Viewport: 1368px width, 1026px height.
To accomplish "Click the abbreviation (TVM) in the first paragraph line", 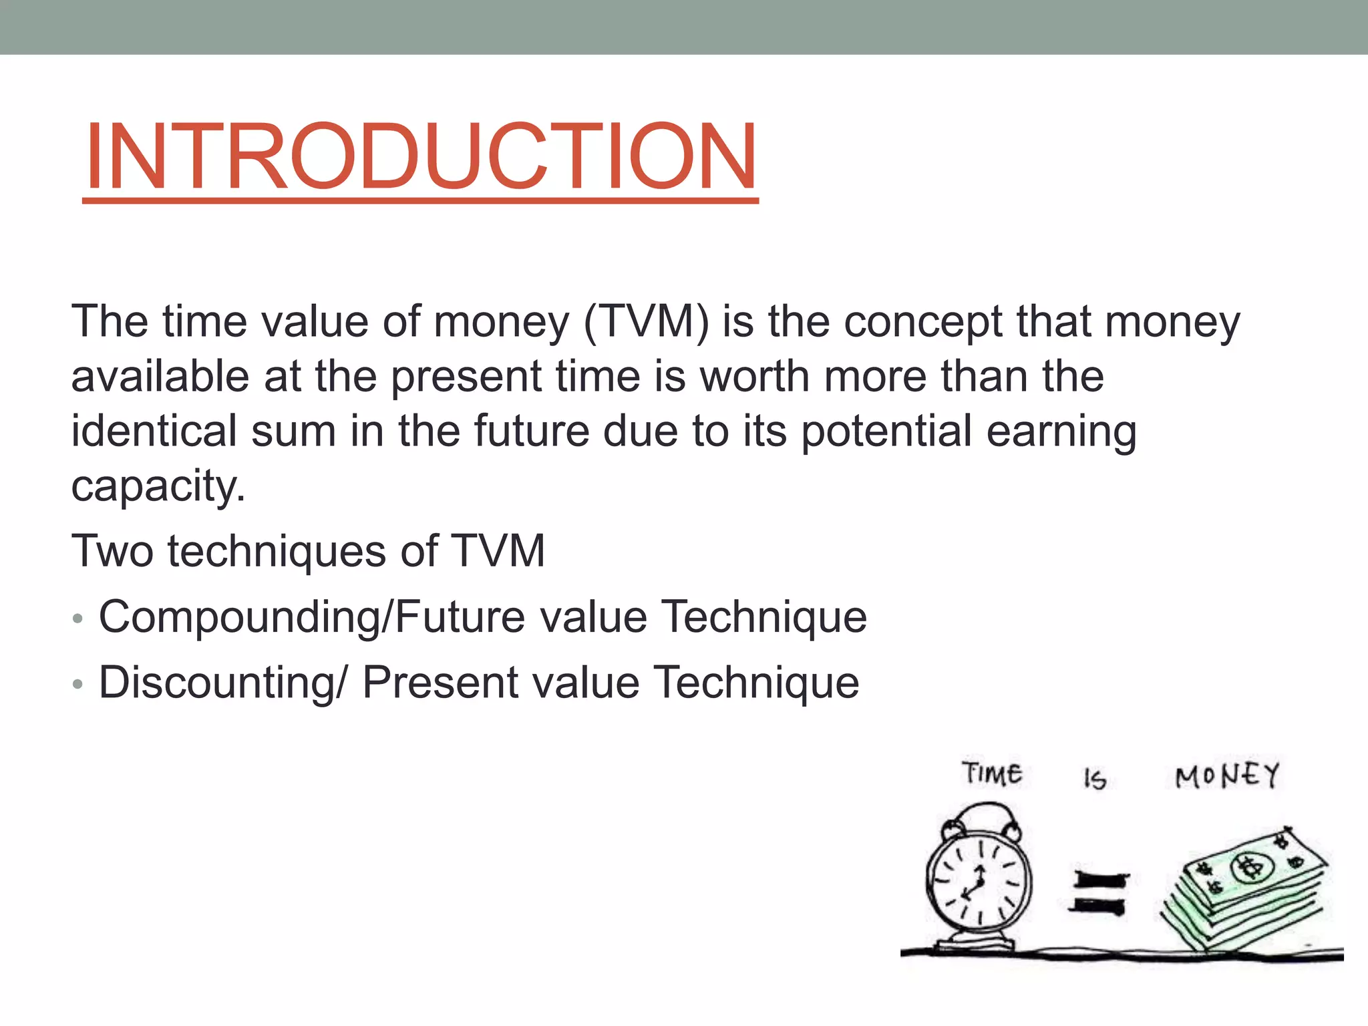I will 646,323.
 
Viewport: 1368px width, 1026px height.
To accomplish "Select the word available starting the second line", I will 160,376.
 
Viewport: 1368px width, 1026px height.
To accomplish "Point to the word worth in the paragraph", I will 755,376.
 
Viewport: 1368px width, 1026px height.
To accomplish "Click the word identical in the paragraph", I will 154,431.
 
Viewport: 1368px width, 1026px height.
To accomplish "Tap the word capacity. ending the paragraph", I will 158,486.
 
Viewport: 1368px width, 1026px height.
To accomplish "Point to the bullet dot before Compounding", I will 77,619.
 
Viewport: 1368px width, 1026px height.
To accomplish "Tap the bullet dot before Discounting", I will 77,684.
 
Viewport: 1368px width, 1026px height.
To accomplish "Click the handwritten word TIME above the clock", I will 992,774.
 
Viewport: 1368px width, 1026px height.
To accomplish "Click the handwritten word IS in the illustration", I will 1095,779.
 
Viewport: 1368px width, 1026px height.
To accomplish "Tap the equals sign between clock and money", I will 1100,893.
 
